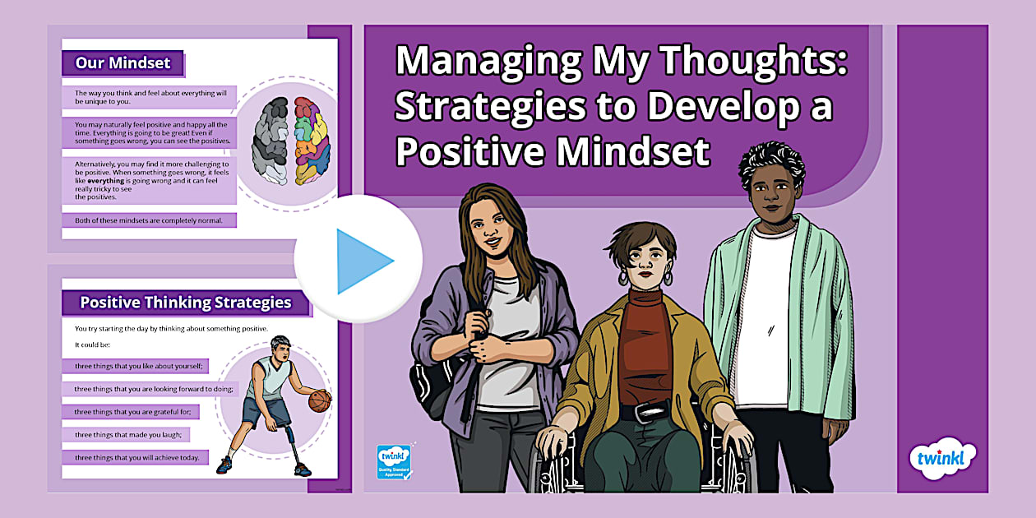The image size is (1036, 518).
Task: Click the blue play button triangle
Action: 363,261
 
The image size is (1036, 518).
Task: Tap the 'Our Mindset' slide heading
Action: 123,62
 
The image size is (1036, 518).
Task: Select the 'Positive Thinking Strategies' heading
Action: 185,302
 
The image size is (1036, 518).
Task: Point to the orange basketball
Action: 320,400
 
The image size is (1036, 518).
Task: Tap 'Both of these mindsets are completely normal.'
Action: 149,220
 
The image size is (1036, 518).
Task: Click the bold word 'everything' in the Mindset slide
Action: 105,180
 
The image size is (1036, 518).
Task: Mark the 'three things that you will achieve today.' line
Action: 137,457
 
